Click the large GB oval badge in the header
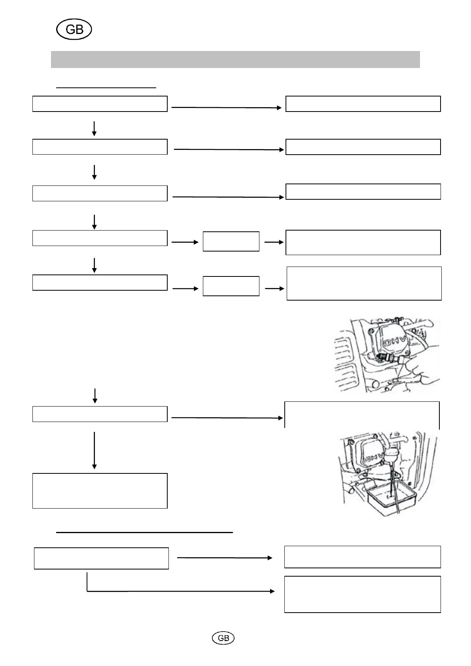[x=74, y=30]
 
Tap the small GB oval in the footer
[x=223, y=638]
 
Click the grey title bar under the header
[x=235, y=59]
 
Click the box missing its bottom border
[x=362, y=415]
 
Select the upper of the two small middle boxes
[x=231, y=241]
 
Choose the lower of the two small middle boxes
[x=231, y=286]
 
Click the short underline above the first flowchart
[x=106, y=87]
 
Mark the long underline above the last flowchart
[x=144, y=532]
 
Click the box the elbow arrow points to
[x=362, y=594]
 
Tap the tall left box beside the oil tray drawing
[x=100, y=490]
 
